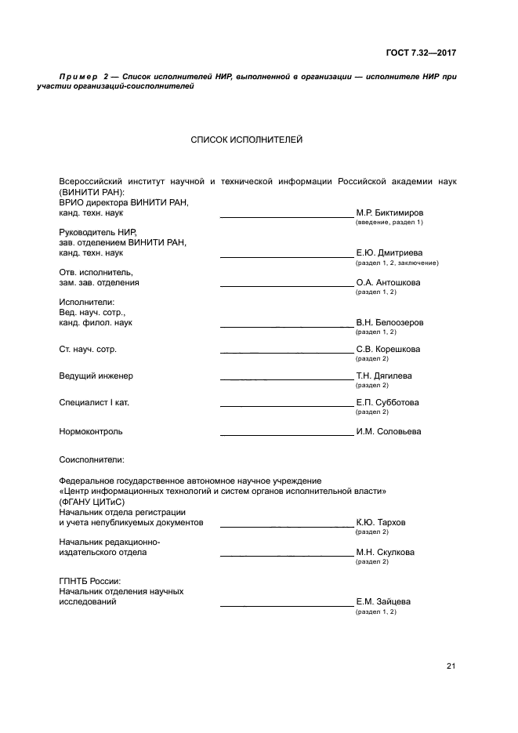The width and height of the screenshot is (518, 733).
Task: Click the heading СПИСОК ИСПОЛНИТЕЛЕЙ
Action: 246,140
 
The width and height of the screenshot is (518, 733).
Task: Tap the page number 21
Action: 451,667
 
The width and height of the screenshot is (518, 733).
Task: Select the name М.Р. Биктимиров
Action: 390,212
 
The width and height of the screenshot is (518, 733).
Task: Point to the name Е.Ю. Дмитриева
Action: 389,253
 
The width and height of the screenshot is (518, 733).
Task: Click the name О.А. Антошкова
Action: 389,282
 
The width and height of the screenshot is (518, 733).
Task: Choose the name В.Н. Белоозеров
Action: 389,322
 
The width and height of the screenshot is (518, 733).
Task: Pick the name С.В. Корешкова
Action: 388,349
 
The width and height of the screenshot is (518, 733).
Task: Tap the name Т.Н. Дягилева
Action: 384,376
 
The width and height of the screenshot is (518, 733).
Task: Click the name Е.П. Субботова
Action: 387,402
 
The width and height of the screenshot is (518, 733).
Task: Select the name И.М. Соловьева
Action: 389,431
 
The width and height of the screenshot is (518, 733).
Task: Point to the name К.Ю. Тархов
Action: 381,522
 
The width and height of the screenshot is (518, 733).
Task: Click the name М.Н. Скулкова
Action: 386,552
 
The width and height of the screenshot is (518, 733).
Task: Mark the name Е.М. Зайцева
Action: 383,602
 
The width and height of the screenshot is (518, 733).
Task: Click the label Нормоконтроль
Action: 91,431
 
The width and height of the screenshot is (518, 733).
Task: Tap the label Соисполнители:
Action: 92,459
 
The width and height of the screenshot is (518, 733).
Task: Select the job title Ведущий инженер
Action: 96,376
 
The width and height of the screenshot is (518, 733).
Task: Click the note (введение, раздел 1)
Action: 389,223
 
